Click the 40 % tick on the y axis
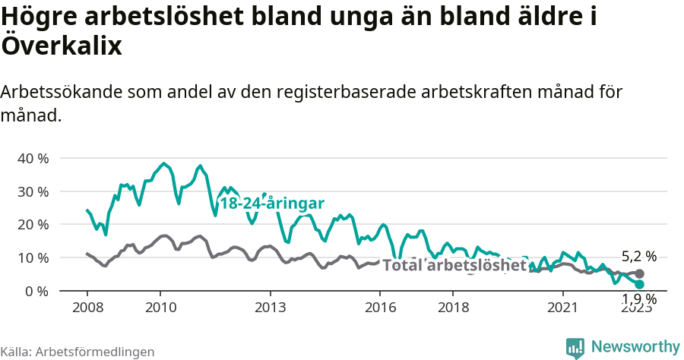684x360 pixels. coord(32,159)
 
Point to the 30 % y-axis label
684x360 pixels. coord(32,191)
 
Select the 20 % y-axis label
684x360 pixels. coord(32,225)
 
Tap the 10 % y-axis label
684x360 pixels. coord(32,258)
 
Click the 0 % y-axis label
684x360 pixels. coord(36,291)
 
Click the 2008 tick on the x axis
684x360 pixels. coord(87,308)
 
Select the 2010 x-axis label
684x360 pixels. coord(160,308)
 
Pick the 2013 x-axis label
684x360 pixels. coord(271,308)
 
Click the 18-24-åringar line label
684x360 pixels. coord(271,204)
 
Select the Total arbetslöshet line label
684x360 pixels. coord(454,265)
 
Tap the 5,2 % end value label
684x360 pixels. coord(638,257)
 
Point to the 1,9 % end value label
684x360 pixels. coord(638,298)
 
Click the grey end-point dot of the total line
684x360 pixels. coord(639,273)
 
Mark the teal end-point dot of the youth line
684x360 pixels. coord(639,284)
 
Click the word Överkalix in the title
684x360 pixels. coord(62,46)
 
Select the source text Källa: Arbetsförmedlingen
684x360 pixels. coord(78,352)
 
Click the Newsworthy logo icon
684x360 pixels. coord(575,348)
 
